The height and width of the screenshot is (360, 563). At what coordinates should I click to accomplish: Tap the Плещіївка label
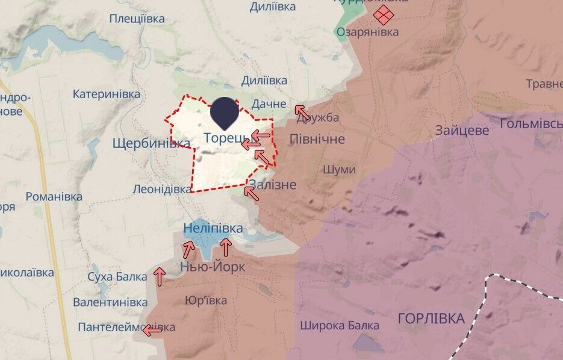point(137,19)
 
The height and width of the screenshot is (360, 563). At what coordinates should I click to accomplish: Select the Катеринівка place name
point(107,94)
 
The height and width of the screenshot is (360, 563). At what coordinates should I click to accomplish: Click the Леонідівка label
point(162,189)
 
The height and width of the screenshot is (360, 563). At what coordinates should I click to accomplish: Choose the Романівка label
point(54,196)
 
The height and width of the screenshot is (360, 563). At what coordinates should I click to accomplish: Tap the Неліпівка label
point(213,229)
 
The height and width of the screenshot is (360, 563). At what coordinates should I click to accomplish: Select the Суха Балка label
point(117,277)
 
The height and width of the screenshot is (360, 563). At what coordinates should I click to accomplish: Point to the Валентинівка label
point(110,302)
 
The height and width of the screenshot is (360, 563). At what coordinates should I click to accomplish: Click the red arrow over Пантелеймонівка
point(152,330)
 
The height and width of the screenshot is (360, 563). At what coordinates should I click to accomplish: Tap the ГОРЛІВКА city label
point(431,318)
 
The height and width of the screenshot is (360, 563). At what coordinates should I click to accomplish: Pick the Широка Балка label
point(340,326)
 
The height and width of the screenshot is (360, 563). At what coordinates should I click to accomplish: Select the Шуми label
point(339,170)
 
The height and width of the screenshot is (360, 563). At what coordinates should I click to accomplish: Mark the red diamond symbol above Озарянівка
point(382,14)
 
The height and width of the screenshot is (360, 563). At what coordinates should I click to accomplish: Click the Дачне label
point(269,104)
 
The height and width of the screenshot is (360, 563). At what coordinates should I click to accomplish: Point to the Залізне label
point(273,184)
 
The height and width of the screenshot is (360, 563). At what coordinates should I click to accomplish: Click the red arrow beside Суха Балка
point(160,276)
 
